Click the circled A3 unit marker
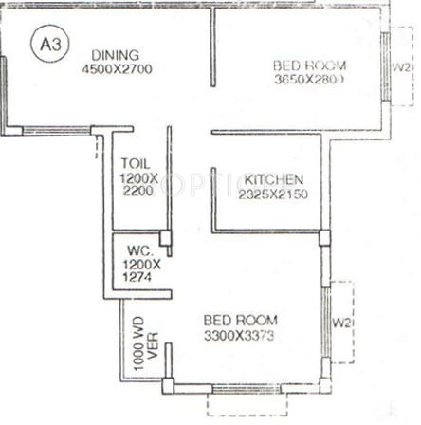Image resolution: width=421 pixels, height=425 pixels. click(x=46, y=45)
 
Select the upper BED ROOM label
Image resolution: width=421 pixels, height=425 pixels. click(x=309, y=65)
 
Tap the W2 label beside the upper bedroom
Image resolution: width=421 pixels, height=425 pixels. click(x=400, y=69)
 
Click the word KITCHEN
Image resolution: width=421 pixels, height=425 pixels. click(x=274, y=179)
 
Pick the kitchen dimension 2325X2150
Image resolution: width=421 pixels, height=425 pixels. click(x=274, y=194)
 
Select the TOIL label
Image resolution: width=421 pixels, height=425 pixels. click(x=136, y=162)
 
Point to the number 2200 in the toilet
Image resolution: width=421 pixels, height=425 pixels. click(x=137, y=191)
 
